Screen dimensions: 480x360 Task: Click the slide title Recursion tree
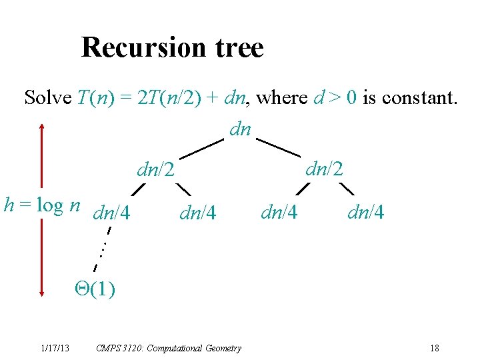pyautogui.click(x=172, y=47)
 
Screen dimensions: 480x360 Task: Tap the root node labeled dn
pyautogui.click(x=240, y=129)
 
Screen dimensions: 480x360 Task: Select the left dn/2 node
pyautogui.click(x=155, y=170)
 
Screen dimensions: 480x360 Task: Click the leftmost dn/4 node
pyautogui.click(x=112, y=213)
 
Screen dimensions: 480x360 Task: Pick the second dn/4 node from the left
pyautogui.click(x=198, y=213)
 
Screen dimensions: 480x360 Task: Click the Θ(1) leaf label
pyautogui.click(x=95, y=289)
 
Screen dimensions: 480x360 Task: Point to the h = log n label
pyautogui.click(x=42, y=205)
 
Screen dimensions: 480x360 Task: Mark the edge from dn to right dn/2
pyautogui.click(x=279, y=147)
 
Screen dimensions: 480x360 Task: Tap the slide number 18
pyautogui.click(x=435, y=348)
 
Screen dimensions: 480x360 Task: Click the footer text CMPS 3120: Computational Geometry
pyautogui.click(x=169, y=348)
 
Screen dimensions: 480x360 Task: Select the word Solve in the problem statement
pyautogui.click(x=47, y=98)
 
